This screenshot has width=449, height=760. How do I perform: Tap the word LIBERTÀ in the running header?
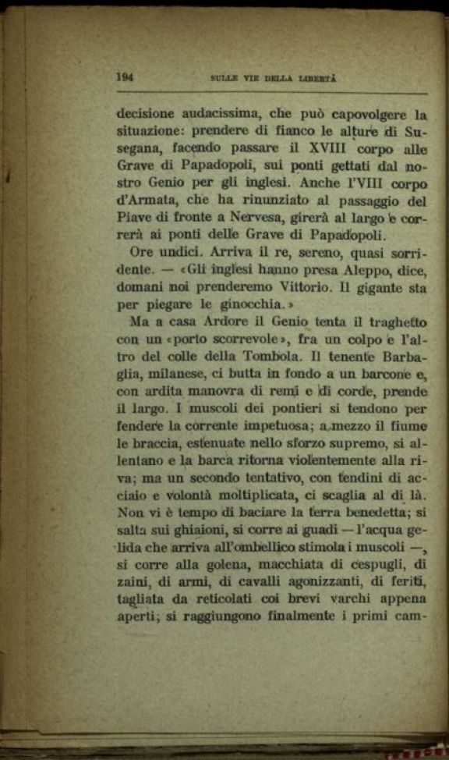317,78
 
